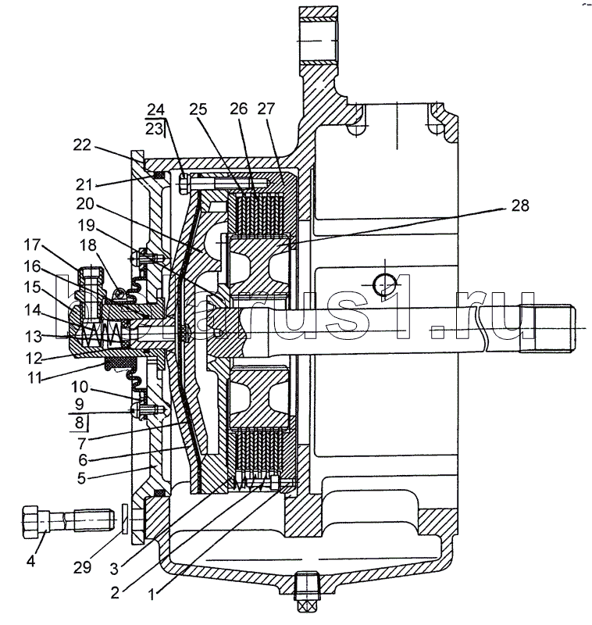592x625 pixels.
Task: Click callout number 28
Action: point(520,205)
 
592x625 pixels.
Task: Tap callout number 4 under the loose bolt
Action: point(30,561)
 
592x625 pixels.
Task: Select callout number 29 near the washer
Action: point(83,567)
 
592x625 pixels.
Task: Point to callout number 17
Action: point(32,245)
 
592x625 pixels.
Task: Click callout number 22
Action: point(82,145)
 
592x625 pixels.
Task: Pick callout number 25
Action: point(198,109)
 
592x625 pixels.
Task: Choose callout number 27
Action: point(266,108)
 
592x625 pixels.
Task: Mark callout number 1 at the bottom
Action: point(152,595)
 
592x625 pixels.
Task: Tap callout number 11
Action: point(34,377)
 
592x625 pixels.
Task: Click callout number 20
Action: point(85,204)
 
